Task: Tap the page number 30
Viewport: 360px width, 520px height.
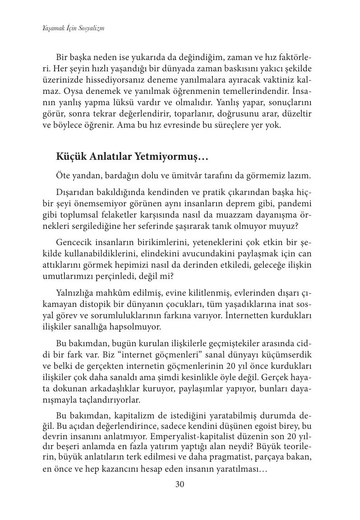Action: tap(180, 485)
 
